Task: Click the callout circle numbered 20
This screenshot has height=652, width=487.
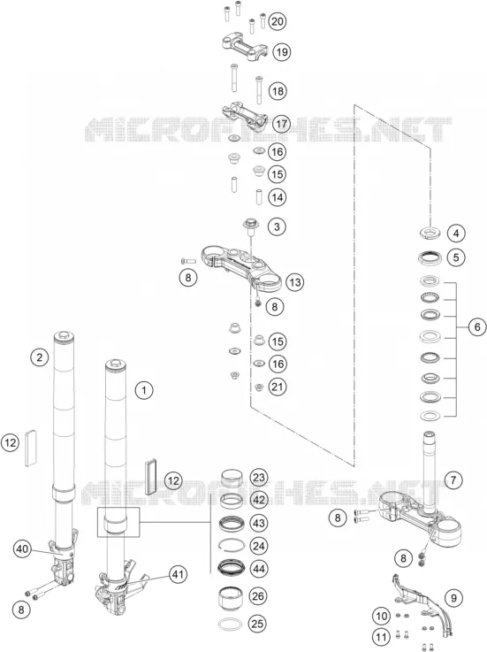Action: pos(278,21)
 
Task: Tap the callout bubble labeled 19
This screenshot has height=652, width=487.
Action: pos(281,52)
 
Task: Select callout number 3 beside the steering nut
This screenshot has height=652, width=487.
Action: pos(277,226)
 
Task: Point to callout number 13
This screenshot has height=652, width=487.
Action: pos(294,282)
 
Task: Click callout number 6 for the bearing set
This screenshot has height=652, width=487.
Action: pos(477,327)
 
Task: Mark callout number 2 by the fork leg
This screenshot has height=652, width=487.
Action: pos(40,357)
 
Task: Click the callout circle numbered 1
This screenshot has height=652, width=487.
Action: pos(144,390)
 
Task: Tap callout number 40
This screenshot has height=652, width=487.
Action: pos(22,548)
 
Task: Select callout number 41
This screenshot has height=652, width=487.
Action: pos(178,574)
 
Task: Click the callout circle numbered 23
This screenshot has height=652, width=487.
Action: pos(258,477)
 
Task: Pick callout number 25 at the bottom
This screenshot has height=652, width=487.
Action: pos(257,624)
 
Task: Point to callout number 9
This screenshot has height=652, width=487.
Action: pos(453,598)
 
